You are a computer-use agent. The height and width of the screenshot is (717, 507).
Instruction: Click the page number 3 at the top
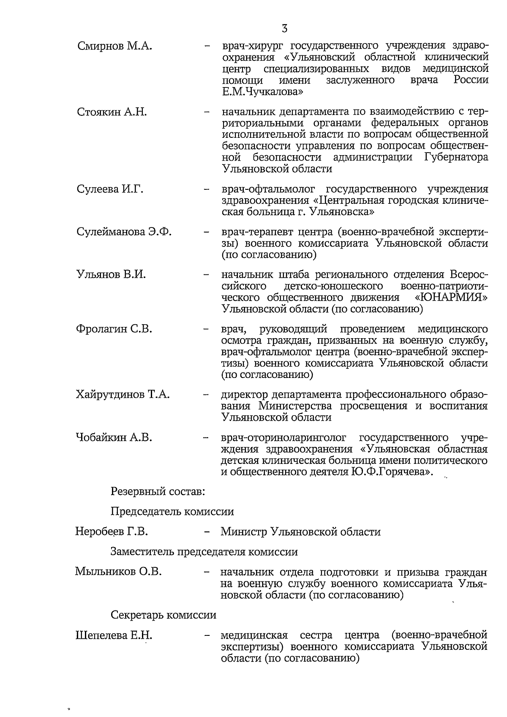(284, 29)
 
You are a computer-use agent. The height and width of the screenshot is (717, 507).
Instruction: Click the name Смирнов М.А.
(114, 46)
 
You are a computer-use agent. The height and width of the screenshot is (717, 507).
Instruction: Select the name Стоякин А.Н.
(112, 112)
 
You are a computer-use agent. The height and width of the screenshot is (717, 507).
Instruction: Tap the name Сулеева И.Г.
(110, 189)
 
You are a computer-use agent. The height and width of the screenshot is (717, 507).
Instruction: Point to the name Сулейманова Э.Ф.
(124, 232)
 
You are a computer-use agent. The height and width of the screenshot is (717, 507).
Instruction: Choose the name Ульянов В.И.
(111, 274)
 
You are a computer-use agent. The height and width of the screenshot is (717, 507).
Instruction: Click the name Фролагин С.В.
(114, 329)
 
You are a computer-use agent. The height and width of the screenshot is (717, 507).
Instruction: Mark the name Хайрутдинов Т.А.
(123, 395)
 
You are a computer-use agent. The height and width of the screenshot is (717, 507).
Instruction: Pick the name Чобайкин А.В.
(114, 438)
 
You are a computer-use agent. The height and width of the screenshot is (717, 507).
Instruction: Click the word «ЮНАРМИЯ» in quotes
(451, 298)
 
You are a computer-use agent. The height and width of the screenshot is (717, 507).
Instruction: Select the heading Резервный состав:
(158, 492)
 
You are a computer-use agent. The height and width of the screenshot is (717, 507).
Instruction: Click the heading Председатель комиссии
(172, 512)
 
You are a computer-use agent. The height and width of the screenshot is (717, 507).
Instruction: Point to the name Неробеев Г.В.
(112, 531)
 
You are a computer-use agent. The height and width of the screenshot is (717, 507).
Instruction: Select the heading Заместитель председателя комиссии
(204, 552)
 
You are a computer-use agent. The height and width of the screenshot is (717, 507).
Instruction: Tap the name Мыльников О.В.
(118, 572)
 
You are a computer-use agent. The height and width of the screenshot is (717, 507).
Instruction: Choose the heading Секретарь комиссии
(163, 615)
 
